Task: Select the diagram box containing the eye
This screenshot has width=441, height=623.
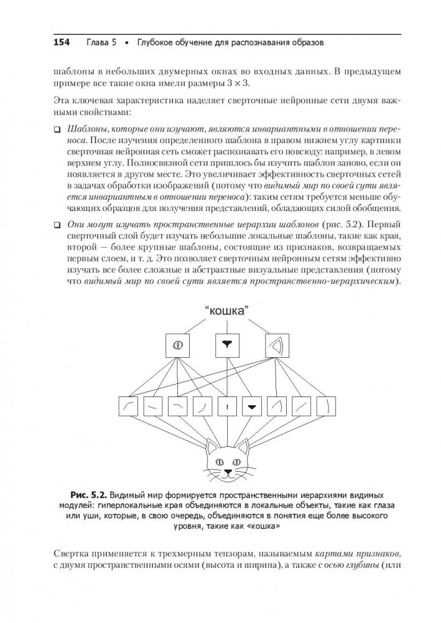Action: (x=176, y=345)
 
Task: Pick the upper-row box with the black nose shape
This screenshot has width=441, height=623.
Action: (x=225, y=345)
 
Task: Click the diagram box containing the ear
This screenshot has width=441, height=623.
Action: (x=273, y=345)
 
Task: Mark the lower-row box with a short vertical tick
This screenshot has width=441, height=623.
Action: (x=227, y=407)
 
